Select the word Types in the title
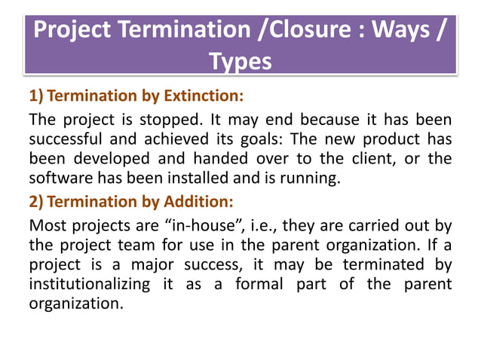click(240, 61)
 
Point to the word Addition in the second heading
click(195, 202)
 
